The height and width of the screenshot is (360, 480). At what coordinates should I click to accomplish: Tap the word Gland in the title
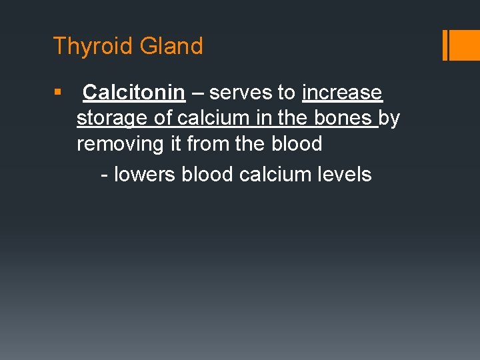[171, 46]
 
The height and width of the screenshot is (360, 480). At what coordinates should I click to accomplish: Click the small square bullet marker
[57, 92]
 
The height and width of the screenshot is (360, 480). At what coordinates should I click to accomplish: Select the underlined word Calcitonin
[133, 93]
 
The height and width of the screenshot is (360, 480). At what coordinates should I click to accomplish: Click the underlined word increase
[342, 93]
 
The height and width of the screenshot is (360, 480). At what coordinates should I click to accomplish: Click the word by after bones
[389, 118]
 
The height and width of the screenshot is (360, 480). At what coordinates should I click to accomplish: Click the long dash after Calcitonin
[197, 93]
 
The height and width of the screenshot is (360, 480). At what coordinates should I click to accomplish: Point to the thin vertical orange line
[445, 45]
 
